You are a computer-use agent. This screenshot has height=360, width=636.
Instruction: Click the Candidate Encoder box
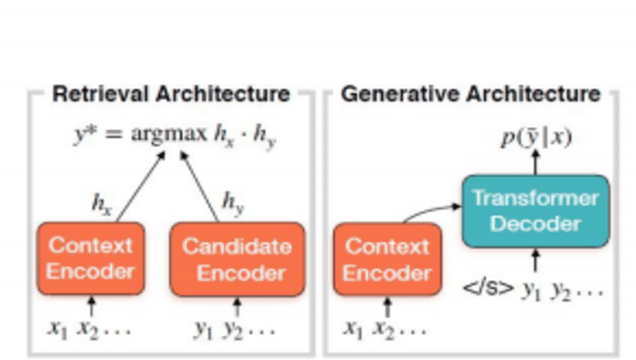[x=238, y=260]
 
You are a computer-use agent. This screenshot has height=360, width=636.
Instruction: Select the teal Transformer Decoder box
[x=536, y=210]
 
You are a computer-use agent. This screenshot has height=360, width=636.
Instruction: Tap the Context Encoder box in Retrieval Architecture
[x=91, y=260]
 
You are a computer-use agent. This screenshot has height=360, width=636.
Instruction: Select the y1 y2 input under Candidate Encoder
[x=235, y=328]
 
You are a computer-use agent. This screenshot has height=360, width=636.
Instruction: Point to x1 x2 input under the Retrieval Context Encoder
[x=90, y=328]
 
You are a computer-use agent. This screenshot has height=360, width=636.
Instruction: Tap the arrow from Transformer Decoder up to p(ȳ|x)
[x=537, y=164]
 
